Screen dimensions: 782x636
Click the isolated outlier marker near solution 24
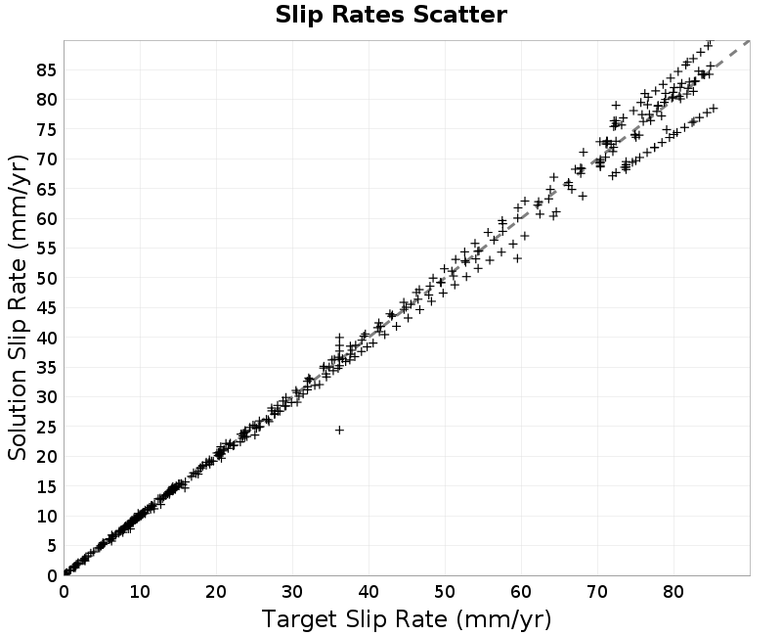point(339,430)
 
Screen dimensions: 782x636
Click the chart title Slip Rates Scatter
point(391,15)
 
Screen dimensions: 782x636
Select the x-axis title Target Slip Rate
point(407,619)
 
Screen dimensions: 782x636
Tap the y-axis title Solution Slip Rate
point(18,307)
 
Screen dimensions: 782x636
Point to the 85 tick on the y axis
point(46,69)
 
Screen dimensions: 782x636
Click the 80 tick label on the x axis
point(673,592)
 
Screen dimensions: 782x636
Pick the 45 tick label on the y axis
point(46,308)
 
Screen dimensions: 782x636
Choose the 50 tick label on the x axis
point(445,592)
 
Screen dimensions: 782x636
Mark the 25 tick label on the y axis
point(46,427)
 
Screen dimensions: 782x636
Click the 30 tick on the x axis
point(292,592)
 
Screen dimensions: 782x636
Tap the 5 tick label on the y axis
point(52,546)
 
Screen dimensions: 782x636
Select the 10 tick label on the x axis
point(140,592)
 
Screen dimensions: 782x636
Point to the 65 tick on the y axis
point(46,189)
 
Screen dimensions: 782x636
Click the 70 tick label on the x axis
point(597,592)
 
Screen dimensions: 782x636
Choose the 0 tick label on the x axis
point(64,592)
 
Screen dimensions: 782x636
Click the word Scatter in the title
point(459,15)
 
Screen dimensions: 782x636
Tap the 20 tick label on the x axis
point(216,592)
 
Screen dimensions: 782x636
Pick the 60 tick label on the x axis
point(521,592)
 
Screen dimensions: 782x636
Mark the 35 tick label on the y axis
point(46,368)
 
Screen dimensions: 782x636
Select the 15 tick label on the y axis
point(46,486)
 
